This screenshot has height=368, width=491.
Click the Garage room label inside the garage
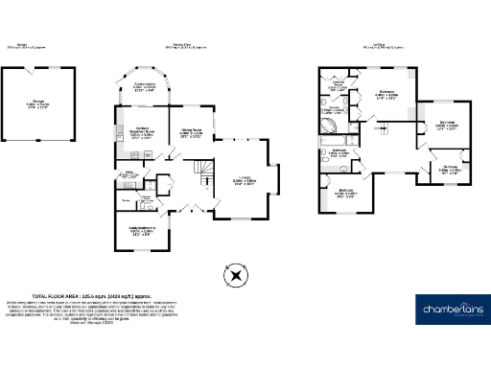38,105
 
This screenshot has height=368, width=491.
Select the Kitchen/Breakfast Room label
143,135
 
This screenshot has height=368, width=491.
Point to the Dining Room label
190,133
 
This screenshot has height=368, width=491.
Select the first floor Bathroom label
339,152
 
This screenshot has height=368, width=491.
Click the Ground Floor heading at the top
180,45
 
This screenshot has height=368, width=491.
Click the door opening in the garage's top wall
38,69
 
